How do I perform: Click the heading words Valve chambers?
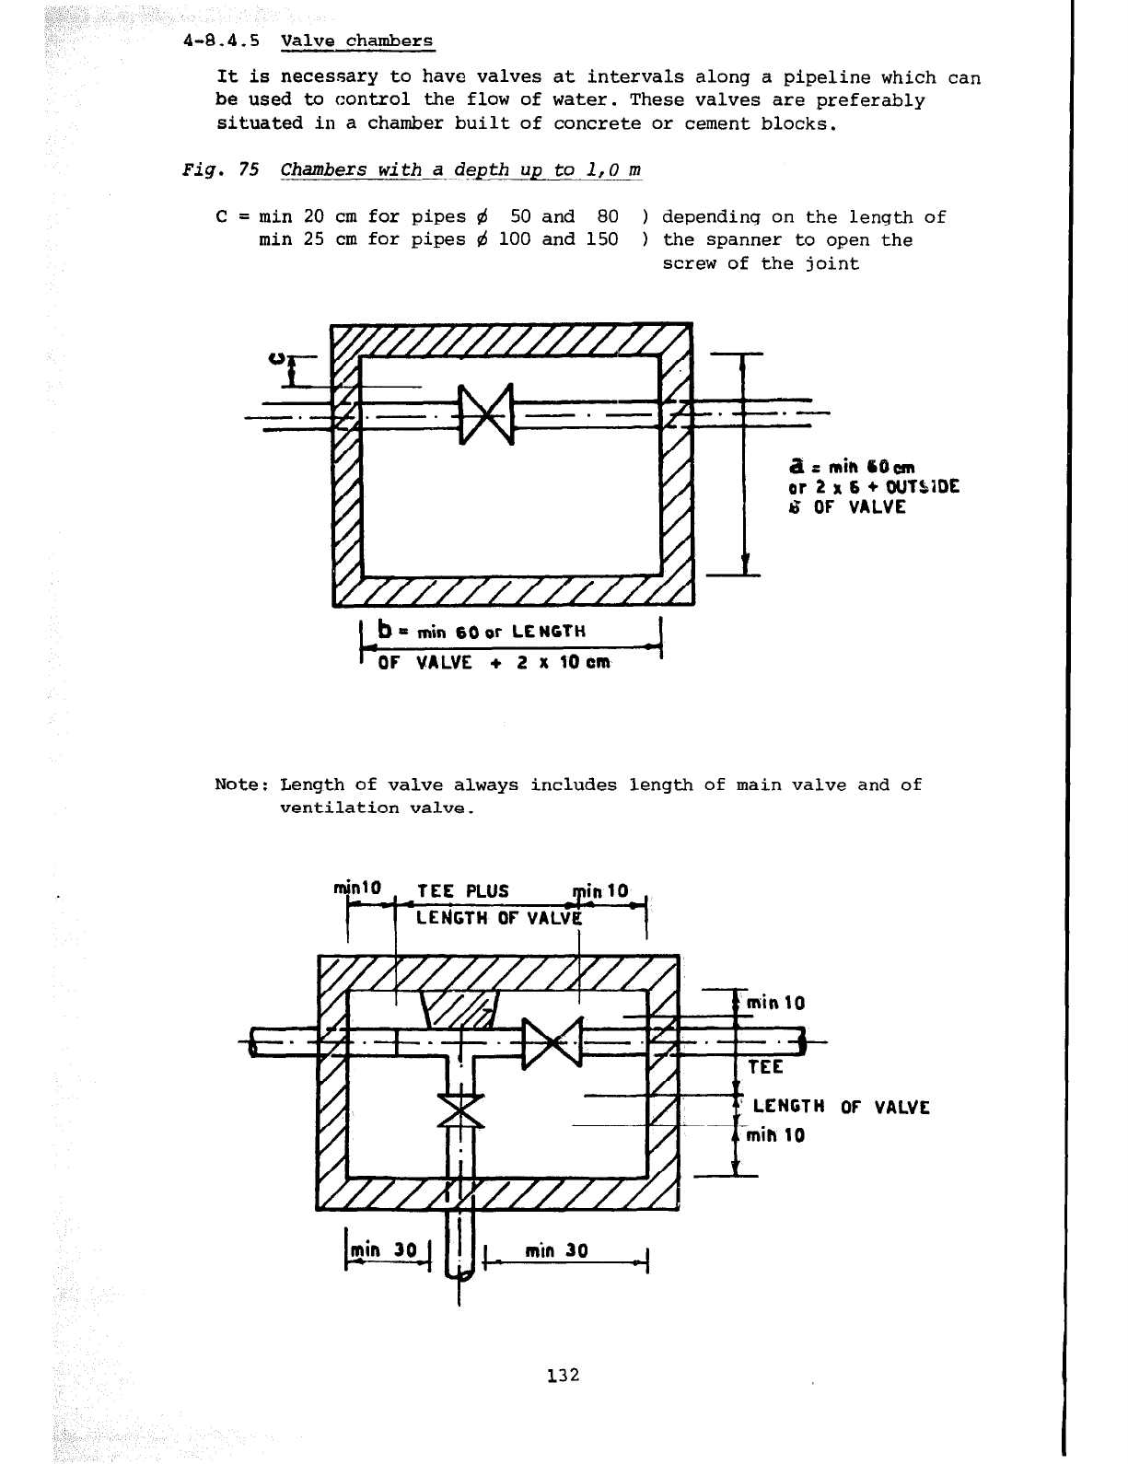tap(356, 41)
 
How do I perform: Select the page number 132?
tap(562, 1376)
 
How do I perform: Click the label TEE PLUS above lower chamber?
tap(462, 891)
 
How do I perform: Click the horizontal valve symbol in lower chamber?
tap(552, 1045)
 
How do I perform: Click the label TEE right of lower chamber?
tap(765, 1067)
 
